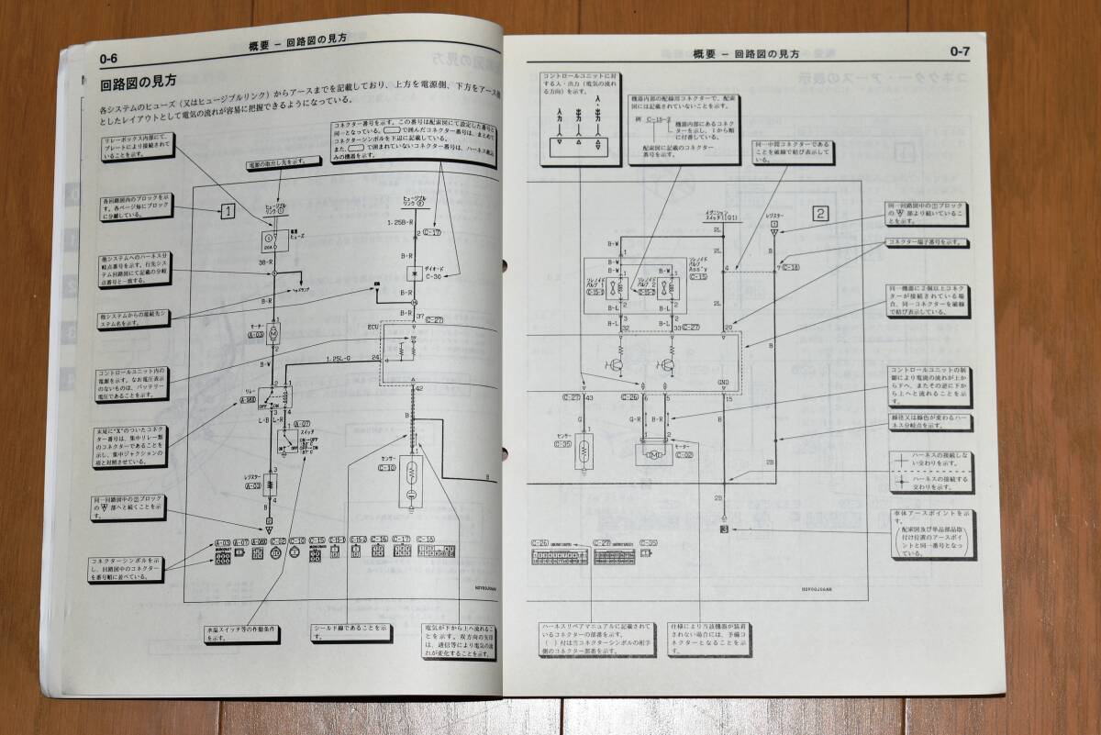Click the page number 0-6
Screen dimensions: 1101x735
(x=109, y=60)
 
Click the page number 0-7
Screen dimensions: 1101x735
(x=960, y=51)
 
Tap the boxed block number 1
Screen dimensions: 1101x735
(x=228, y=211)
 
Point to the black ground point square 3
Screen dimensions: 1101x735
(x=723, y=529)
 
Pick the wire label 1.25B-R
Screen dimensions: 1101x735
(x=401, y=223)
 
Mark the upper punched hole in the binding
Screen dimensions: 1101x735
(x=505, y=268)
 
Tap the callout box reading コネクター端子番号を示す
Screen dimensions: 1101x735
(x=927, y=242)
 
